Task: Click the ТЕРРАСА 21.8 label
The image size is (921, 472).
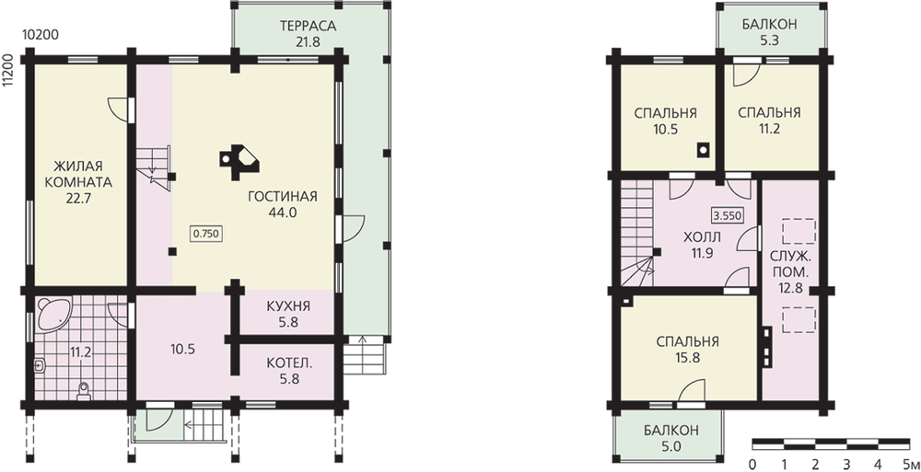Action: coord(308,33)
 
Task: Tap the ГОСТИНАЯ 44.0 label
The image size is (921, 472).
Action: coord(283,203)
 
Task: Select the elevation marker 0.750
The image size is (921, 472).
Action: coord(205,234)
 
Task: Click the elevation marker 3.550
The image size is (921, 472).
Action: coord(728,215)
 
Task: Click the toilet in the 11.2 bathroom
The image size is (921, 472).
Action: coord(84,390)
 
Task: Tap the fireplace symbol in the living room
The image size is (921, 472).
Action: coord(239,161)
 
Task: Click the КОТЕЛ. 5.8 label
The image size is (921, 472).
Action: coord(289,371)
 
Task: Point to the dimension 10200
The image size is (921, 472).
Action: coord(40,35)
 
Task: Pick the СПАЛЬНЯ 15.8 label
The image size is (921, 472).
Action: coord(688,350)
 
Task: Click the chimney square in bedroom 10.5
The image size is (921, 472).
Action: coord(703,150)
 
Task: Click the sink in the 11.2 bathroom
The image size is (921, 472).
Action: coord(40,366)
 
